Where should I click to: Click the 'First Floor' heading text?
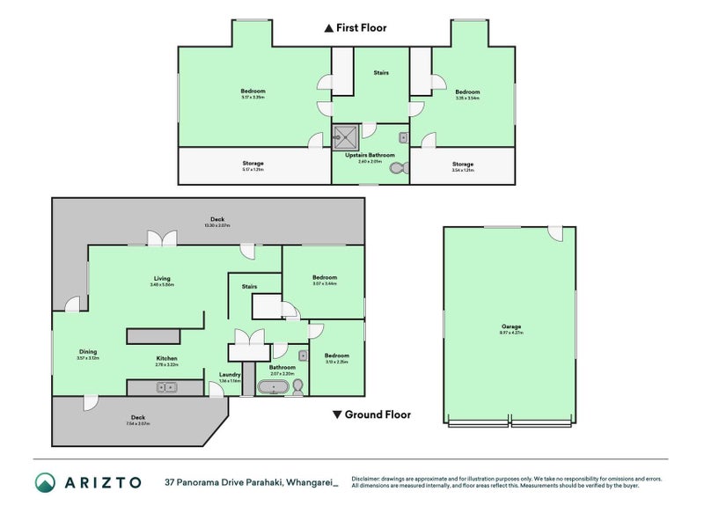[361, 28]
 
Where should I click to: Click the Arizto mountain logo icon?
[46, 481]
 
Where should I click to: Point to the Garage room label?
[511, 326]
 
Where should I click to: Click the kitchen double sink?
[165, 386]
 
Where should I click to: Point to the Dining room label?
[86, 351]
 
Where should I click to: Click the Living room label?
[162, 278]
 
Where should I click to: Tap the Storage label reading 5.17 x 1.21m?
[253, 164]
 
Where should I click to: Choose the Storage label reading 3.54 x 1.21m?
[463, 164]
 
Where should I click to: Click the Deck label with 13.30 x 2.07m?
[216, 219]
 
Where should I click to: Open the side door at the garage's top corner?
[554, 234]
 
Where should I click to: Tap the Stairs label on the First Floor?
[380, 73]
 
